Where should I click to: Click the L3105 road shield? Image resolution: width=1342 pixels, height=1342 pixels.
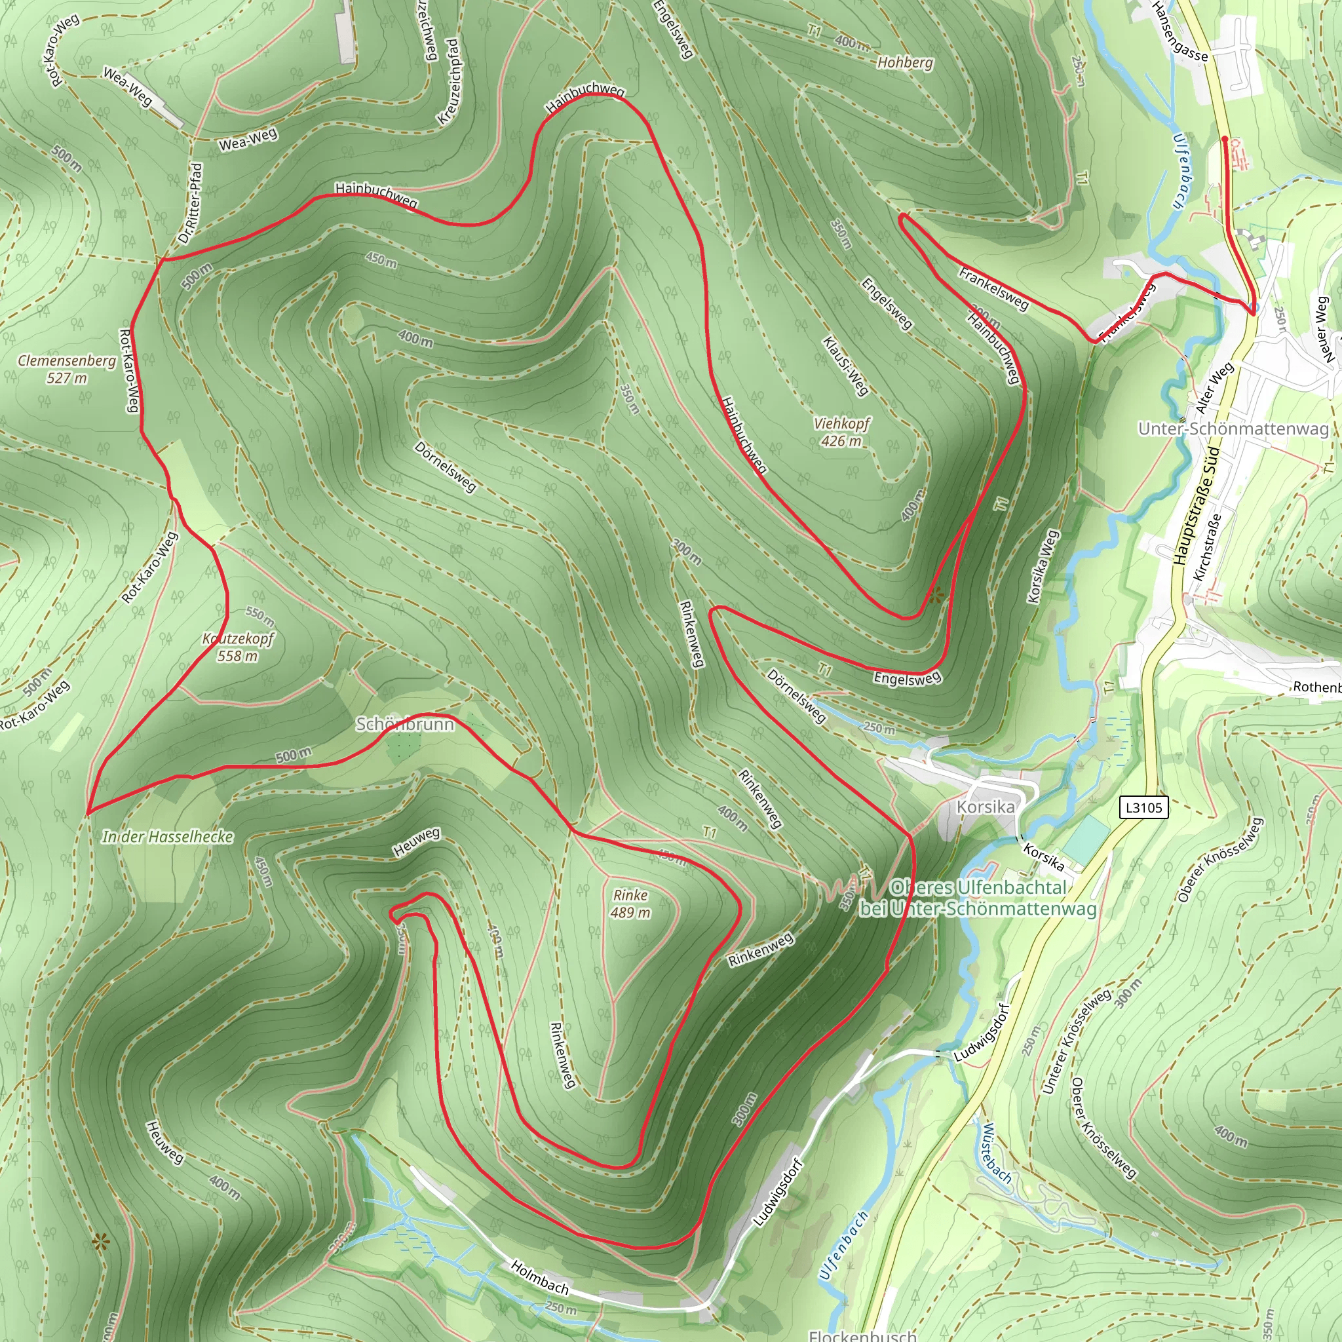1144,807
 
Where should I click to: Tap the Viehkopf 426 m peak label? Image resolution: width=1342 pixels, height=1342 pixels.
841,432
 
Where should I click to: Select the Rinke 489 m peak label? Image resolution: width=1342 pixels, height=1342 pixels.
630,904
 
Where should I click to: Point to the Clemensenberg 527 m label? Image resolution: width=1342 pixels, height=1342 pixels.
67,369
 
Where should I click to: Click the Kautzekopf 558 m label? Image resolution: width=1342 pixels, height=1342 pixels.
238,647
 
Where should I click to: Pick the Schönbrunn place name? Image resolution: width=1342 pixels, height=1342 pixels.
405,725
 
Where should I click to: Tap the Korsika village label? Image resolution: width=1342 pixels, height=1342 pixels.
985,807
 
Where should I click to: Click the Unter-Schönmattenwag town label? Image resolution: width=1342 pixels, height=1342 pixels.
1233,429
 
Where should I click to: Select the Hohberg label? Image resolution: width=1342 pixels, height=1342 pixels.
905,62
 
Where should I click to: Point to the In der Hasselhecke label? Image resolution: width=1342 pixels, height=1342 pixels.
167,837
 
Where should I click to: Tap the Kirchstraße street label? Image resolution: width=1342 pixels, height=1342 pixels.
1207,548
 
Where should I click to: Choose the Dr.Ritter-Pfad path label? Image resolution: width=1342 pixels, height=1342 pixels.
190,204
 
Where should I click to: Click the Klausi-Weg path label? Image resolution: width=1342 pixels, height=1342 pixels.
845,366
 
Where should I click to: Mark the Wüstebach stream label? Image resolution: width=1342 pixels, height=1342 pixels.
997,1154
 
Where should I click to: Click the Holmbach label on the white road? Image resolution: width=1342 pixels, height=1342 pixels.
540,1278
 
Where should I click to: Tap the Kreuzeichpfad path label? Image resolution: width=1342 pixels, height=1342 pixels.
449,82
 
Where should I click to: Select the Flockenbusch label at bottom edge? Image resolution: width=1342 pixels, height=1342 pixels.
862,1335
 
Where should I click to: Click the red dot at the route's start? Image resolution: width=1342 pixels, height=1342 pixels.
1225,139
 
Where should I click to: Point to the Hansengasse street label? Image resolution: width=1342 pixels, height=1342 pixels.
1179,31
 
